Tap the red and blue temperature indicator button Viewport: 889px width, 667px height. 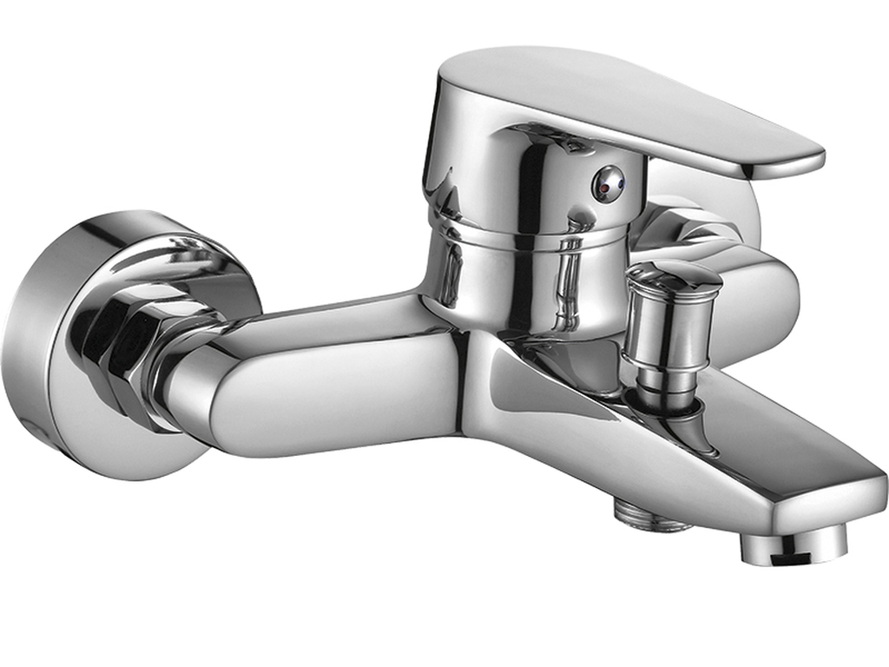608,182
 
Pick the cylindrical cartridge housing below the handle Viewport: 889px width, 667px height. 521,278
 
